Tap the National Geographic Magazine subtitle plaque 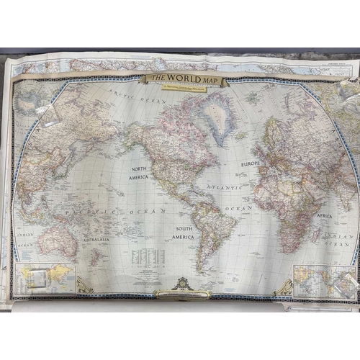(x=186, y=86)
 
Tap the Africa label (x=325, y=215)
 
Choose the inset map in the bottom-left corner (x=45, y=277)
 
